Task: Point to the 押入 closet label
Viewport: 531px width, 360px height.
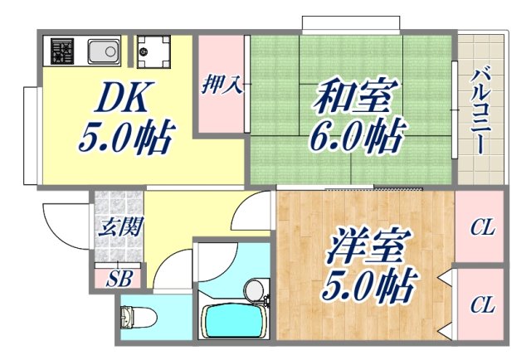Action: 221,85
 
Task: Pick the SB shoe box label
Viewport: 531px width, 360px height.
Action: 116,278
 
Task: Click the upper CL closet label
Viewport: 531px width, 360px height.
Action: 481,226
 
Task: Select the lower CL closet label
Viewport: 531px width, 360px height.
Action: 481,304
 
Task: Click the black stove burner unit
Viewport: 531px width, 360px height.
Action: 62,52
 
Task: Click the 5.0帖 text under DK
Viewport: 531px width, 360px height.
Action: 124,137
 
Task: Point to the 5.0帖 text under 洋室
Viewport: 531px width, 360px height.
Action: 369,286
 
